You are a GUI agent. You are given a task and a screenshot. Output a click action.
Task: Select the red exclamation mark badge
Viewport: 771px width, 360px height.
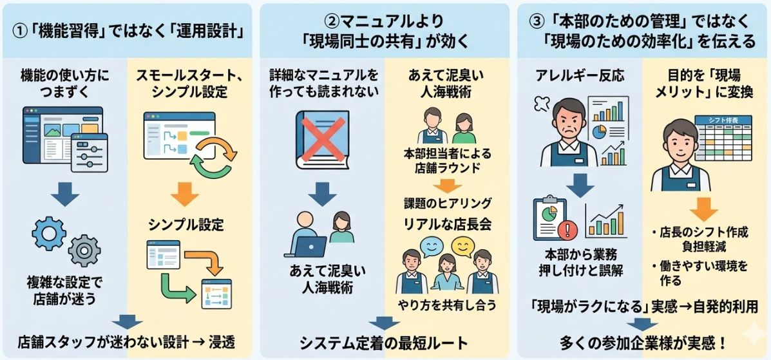pyautogui.click(x=567, y=229)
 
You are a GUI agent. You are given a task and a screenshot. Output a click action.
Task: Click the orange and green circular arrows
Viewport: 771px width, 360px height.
pyautogui.click(x=215, y=155)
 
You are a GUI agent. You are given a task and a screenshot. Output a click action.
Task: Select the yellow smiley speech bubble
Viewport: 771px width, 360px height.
pyautogui.click(x=461, y=245)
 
